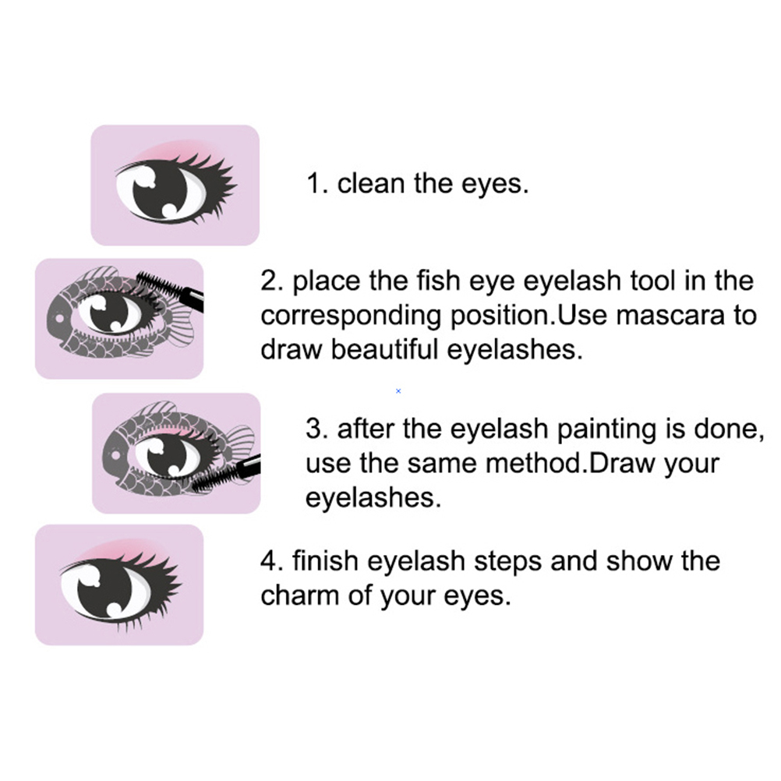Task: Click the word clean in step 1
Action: point(370,183)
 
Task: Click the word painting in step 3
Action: point(606,429)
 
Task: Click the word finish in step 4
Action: point(325,561)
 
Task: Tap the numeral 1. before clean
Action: point(317,183)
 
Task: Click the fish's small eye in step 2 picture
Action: point(59,317)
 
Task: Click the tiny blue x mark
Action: point(398,391)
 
